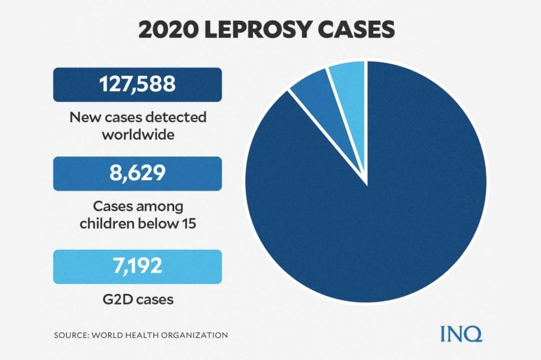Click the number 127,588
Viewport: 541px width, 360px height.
pyautogui.click(x=137, y=84)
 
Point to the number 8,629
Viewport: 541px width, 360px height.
pyautogui.click(x=137, y=174)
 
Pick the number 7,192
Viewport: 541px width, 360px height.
pyautogui.click(x=137, y=266)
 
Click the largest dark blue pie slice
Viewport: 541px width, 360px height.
pyautogui.click(x=373, y=217)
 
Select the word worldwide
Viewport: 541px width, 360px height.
pyautogui.click(x=137, y=134)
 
